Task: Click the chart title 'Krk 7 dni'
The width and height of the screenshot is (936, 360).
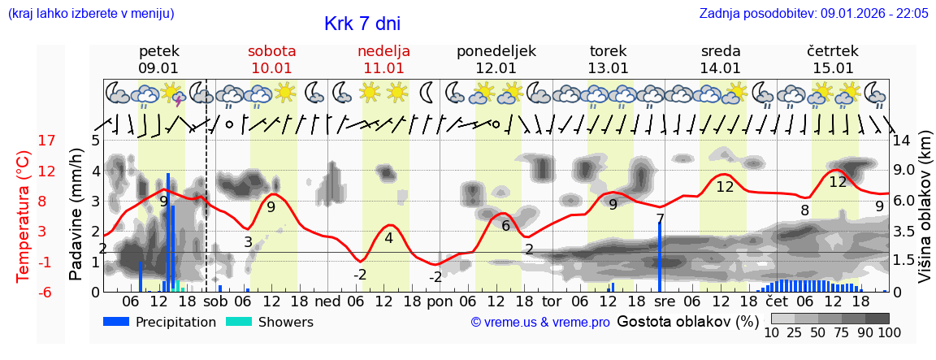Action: coord(362,24)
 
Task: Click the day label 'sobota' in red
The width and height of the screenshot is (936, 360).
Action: coord(271,51)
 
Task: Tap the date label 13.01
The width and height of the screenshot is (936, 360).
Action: coord(609,68)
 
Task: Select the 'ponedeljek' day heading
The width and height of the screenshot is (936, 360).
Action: coord(496,51)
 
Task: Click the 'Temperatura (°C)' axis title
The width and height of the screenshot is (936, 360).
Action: coord(23,216)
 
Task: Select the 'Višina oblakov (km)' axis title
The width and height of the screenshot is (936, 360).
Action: coord(925,216)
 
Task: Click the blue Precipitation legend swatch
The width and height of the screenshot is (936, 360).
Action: coord(116,322)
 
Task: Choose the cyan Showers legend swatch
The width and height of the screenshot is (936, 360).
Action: coord(238,322)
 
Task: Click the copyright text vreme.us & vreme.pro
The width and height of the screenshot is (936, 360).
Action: coord(540,323)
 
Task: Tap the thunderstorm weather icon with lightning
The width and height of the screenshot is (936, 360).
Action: coord(174,94)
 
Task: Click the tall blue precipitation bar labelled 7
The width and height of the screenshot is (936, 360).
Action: coord(660,256)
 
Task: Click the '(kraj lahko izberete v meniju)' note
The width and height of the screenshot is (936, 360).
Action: coord(90,13)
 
